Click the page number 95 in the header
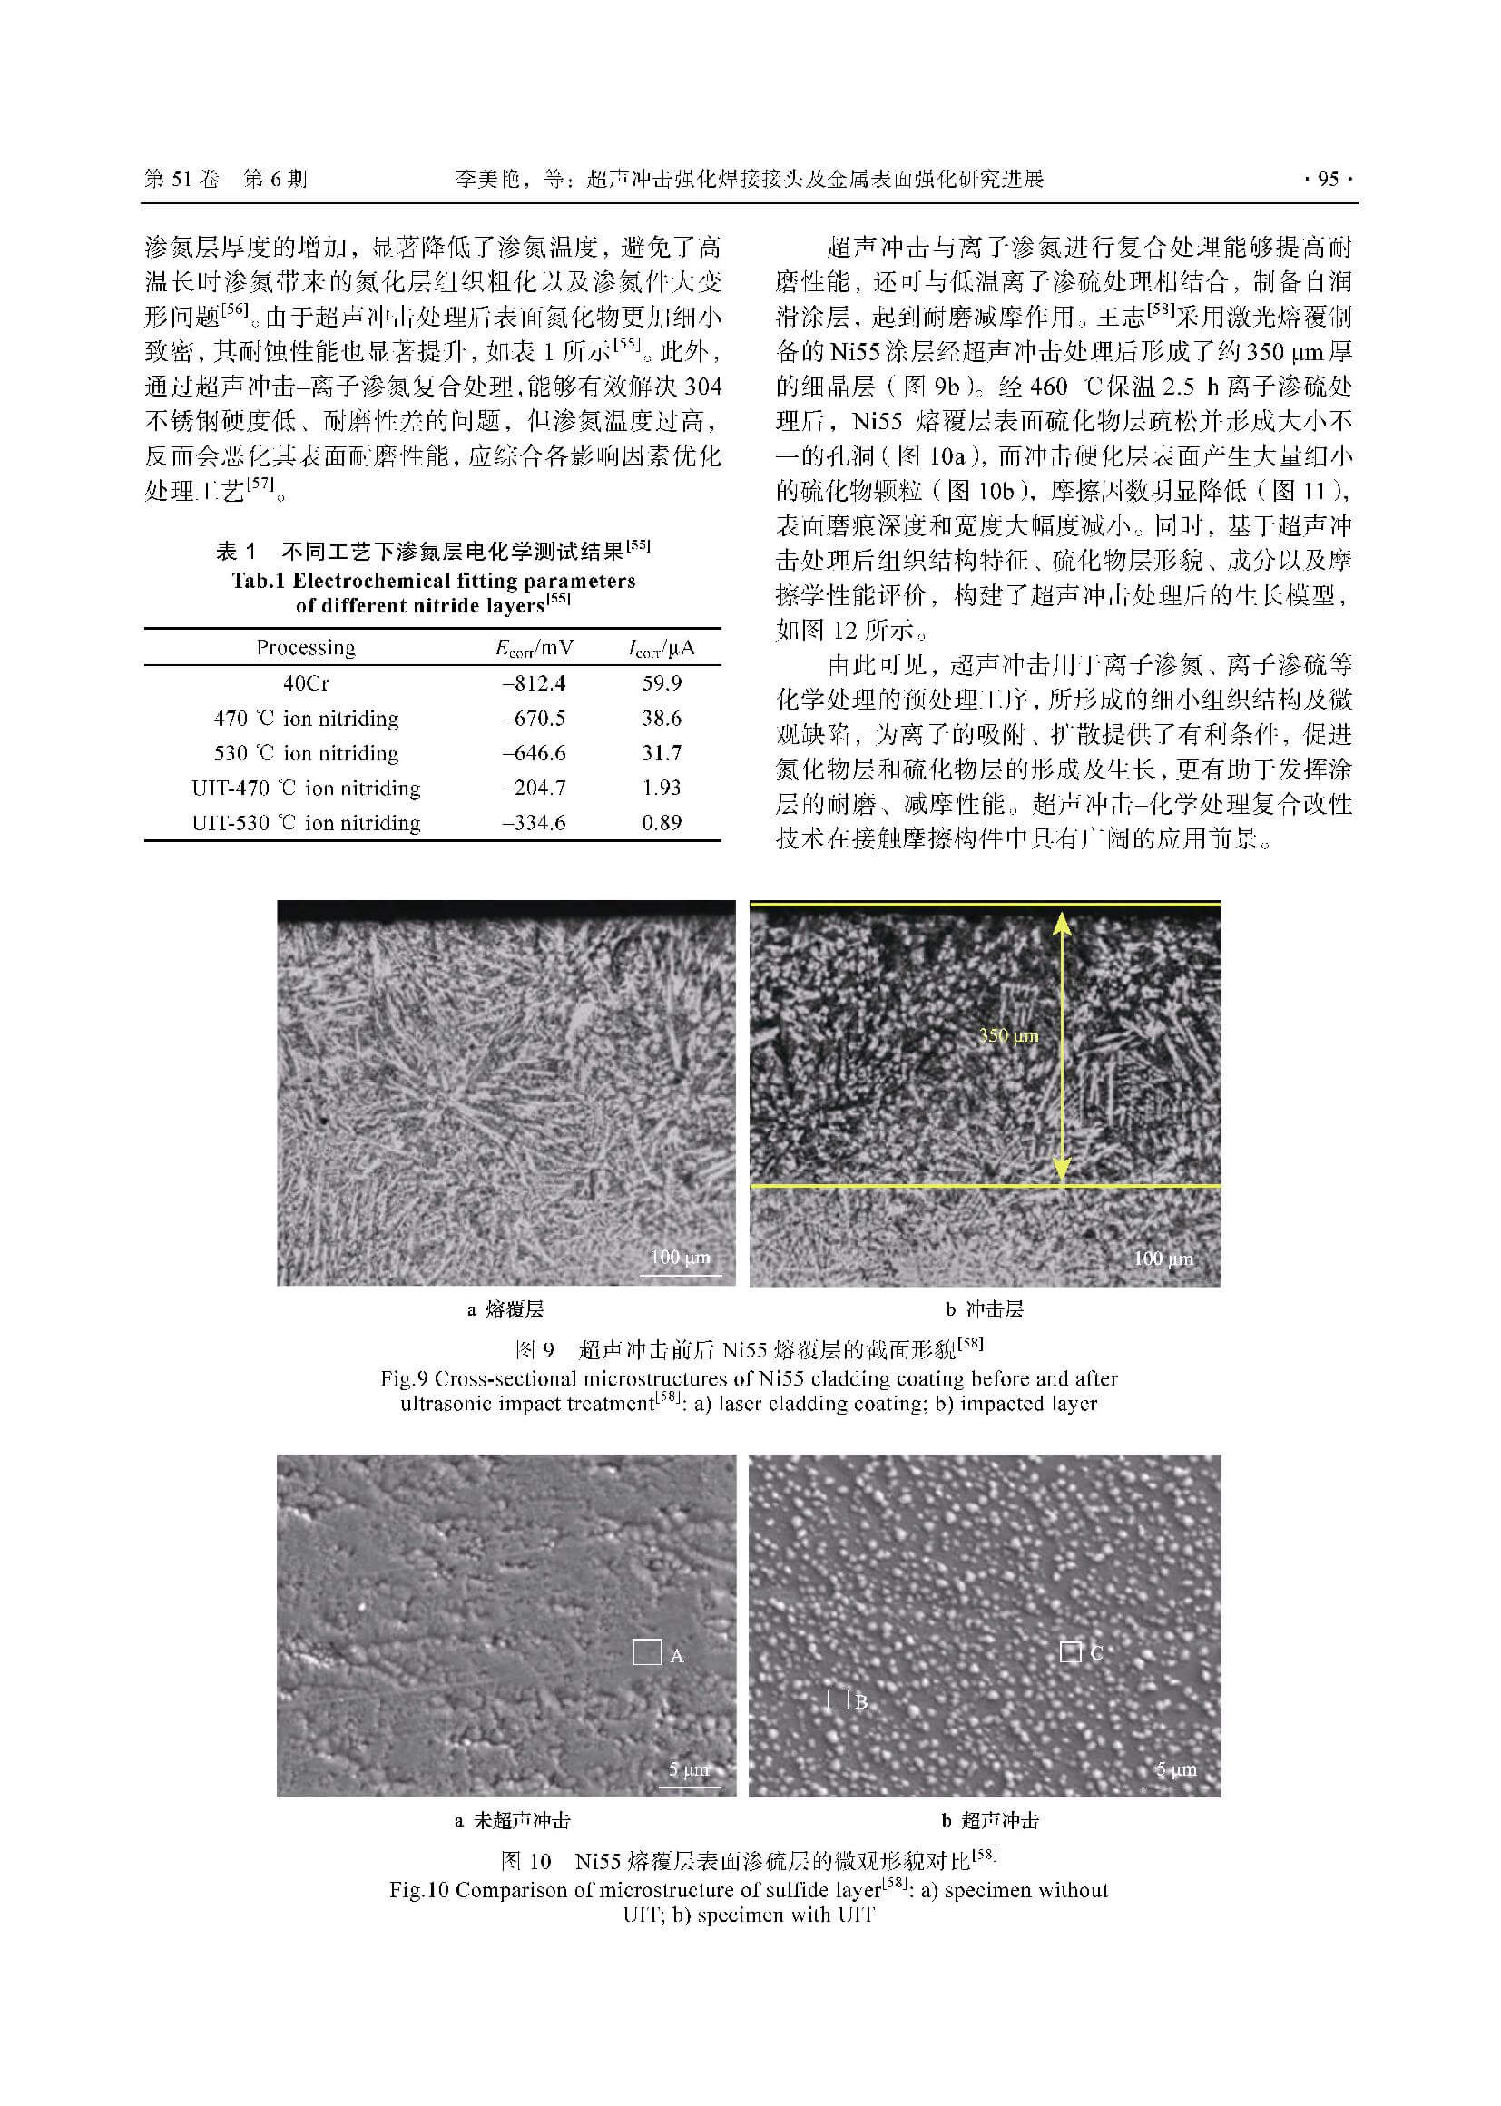point(1328,180)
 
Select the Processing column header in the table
point(305,648)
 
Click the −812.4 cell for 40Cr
point(534,684)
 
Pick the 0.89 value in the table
point(661,822)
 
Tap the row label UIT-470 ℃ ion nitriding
point(306,789)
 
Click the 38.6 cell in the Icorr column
point(661,719)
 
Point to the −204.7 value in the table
point(534,789)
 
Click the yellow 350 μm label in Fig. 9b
point(1008,1036)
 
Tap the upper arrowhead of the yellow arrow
point(1062,921)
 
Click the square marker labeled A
point(646,1651)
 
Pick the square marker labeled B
point(838,1699)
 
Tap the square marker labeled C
point(1069,1651)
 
